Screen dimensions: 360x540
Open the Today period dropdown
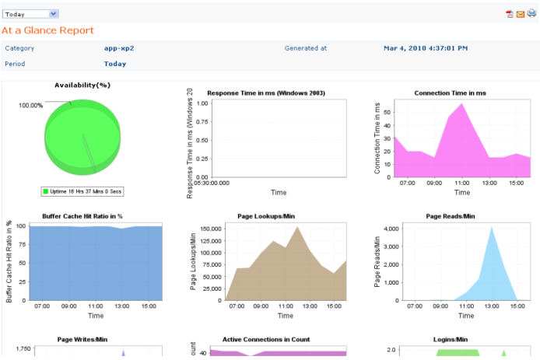click(30, 13)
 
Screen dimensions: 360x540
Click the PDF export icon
click(510, 14)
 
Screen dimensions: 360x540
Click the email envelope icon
click(521, 14)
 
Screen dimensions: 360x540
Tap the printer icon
click(531, 14)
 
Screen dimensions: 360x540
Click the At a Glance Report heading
click(47, 30)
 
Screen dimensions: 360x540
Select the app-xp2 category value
click(119, 48)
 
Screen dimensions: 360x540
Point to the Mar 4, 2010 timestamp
click(426, 48)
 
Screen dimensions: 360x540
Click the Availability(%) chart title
click(82, 85)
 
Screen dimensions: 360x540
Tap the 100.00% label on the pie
click(31, 105)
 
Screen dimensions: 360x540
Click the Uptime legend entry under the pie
click(82, 190)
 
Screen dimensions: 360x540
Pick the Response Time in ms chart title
click(266, 93)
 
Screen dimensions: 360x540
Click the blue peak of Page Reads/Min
click(490, 228)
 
